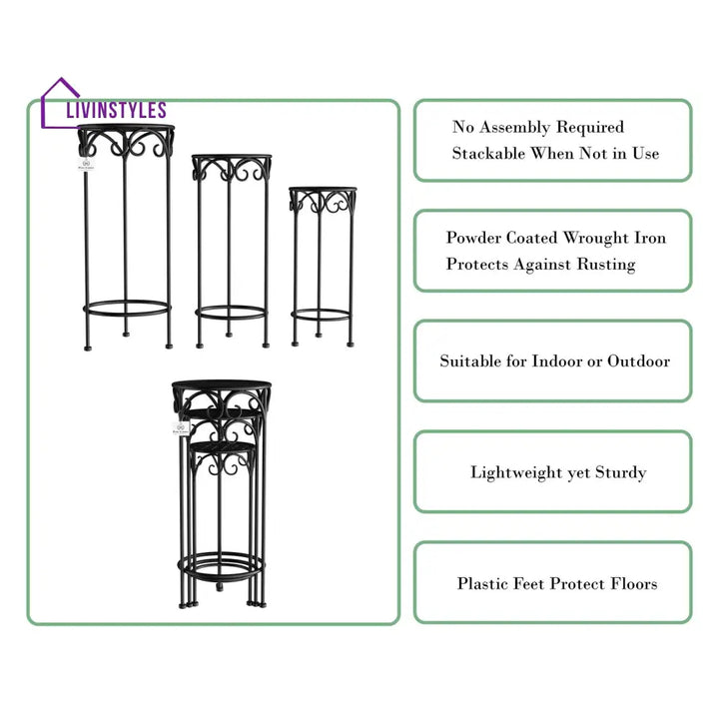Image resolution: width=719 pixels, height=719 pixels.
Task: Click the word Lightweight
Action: (x=517, y=472)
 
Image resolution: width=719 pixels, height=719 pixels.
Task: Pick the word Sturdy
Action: (x=620, y=472)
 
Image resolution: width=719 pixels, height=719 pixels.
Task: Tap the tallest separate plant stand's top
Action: (x=127, y=129)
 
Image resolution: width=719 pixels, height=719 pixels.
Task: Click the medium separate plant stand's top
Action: (x=232, y=158)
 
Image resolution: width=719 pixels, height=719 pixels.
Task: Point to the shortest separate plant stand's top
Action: (x=322, y=189)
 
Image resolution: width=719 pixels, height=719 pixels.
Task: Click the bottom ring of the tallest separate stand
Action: (x=127, y=308)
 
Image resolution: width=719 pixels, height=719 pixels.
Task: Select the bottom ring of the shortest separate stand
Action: (x=322, y=315)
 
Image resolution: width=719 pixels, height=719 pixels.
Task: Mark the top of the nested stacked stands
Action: (x=221, y=385)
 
